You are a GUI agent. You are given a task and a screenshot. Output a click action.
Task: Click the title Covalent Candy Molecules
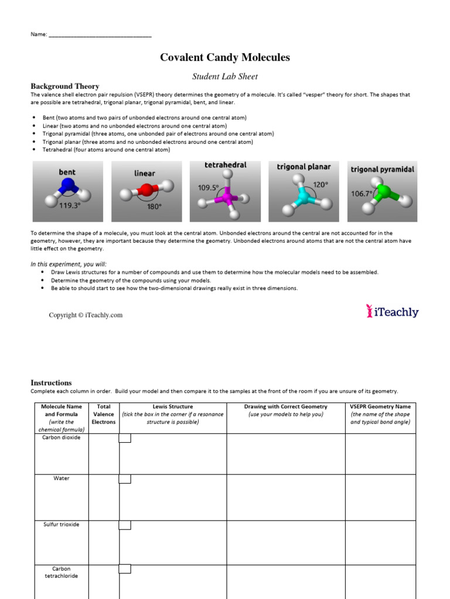point(225,57)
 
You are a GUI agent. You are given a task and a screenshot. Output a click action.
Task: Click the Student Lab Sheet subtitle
point(225,76)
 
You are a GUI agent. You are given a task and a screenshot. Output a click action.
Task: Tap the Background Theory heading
point(64,86)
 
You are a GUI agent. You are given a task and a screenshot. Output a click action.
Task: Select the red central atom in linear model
point(147,191)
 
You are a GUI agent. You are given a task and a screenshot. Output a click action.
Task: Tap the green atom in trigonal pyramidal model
point(384,192)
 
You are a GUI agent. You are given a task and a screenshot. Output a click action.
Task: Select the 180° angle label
point(154,206)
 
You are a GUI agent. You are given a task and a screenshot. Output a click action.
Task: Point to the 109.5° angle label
point(208,188)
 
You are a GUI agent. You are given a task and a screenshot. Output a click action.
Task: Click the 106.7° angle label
point(362,193)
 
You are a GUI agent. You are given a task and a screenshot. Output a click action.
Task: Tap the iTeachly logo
point(392,312)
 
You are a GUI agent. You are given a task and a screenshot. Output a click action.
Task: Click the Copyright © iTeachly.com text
point(86,315)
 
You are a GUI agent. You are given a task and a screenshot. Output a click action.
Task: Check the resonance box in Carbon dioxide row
point(125,438)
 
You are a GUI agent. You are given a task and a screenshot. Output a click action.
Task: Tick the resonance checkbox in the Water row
point(125,479)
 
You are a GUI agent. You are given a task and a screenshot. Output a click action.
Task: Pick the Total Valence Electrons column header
point(104,414)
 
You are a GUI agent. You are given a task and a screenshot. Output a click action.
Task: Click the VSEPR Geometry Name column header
point(380,414)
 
